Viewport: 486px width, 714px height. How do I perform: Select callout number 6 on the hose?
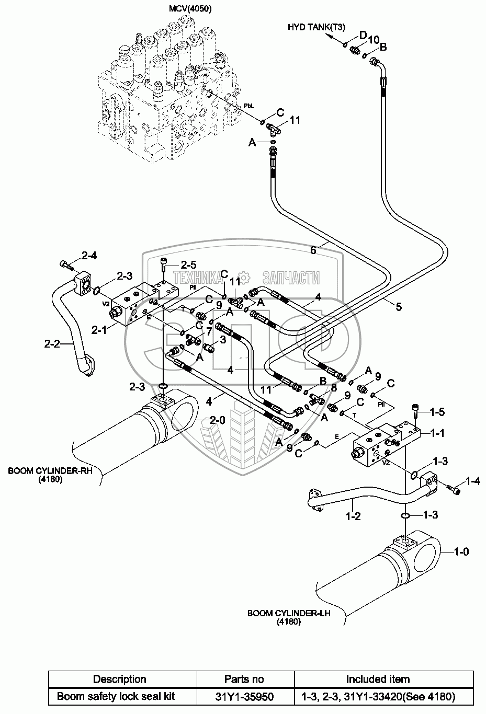click(313, 251)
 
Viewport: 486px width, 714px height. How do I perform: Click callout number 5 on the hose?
click(399, 307)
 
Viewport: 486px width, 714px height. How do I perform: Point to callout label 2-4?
click(88, 256)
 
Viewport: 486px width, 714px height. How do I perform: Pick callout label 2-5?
click(188, 264)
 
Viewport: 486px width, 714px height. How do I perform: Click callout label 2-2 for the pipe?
click(52, 343)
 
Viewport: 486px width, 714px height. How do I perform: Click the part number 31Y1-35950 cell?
click(245, 696)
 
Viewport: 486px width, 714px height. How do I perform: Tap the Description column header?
click(119, 680)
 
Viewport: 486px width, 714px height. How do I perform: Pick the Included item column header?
click(378, 680)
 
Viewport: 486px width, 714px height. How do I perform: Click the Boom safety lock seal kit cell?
click(116, 696)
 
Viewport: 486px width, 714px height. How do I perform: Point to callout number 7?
click(209, 332)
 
